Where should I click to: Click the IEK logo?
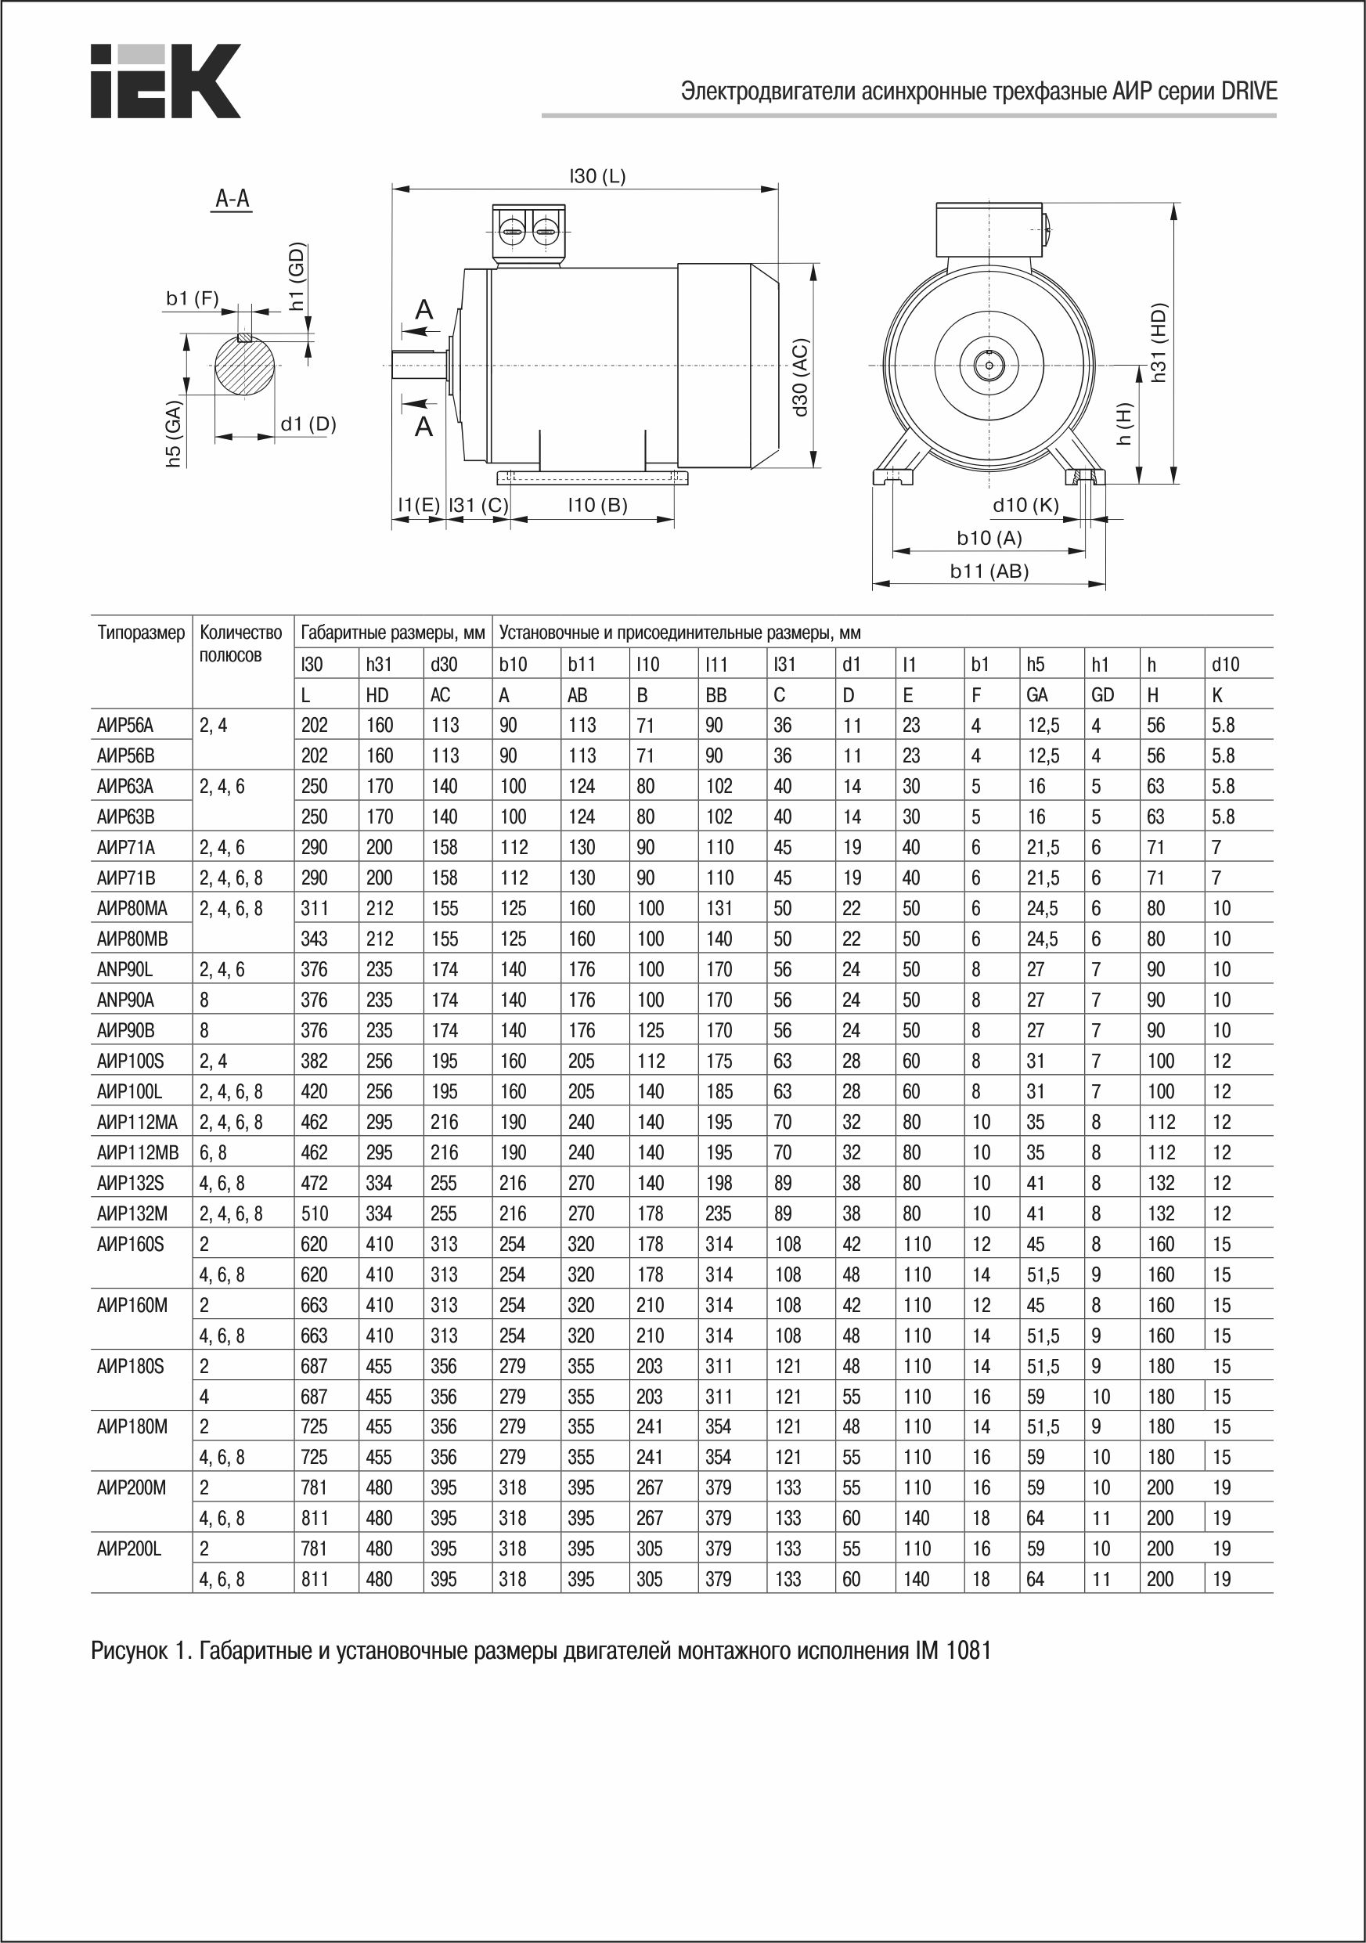coord(165,81)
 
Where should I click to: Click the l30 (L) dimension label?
coord(596,176)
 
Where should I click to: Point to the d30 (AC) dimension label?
coord(801,377)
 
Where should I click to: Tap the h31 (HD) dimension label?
coord(1159,342)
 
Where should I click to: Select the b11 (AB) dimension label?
coord(989,571)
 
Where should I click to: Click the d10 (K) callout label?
coord(1025,505)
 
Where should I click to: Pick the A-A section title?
coord(232,199)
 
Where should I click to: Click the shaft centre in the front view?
coord(987,365)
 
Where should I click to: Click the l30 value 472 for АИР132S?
coord(314,1183)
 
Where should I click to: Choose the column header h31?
coord(378,665)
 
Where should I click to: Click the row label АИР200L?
coord(129,1548)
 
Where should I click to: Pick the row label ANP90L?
coord(125,969)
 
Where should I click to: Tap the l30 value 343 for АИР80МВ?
coord(314,939)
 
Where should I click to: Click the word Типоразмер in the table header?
coord(140,633)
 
